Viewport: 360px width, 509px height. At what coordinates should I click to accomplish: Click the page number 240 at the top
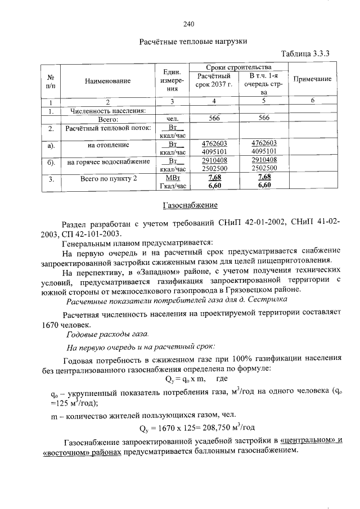click(188, 24)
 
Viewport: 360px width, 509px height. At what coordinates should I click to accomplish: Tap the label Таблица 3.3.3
click(304, 54)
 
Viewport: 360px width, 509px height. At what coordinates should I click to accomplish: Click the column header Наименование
click(108, 80)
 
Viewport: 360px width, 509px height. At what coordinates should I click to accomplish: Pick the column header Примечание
click(313, 79)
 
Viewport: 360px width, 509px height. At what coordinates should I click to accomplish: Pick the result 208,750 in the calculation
click(222, 426)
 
